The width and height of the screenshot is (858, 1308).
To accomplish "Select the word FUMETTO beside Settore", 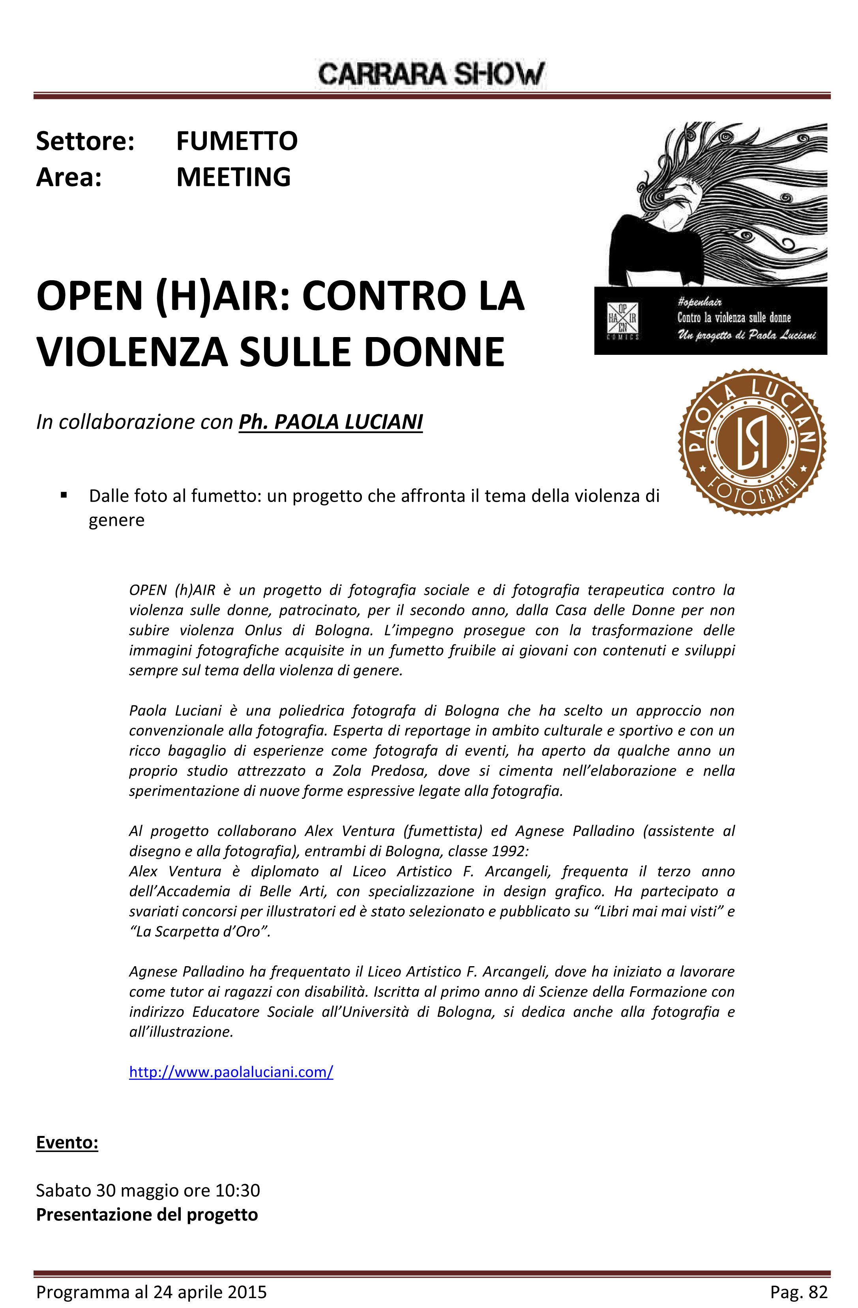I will tap(237, 141).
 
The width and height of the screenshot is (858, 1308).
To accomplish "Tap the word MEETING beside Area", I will tap(233, 177).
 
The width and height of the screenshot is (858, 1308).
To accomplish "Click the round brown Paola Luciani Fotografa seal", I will tap(751, 442).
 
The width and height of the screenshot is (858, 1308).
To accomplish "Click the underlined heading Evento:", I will tap(67, 1143).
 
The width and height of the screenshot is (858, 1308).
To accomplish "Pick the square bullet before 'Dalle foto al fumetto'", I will tap(64, 495).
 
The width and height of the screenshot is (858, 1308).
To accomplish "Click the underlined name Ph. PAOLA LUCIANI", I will tap(330, 422).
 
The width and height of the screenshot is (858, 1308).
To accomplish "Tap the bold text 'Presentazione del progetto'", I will tap(147, 1214).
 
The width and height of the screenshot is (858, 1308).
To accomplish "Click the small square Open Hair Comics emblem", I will tap(622, 320).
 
